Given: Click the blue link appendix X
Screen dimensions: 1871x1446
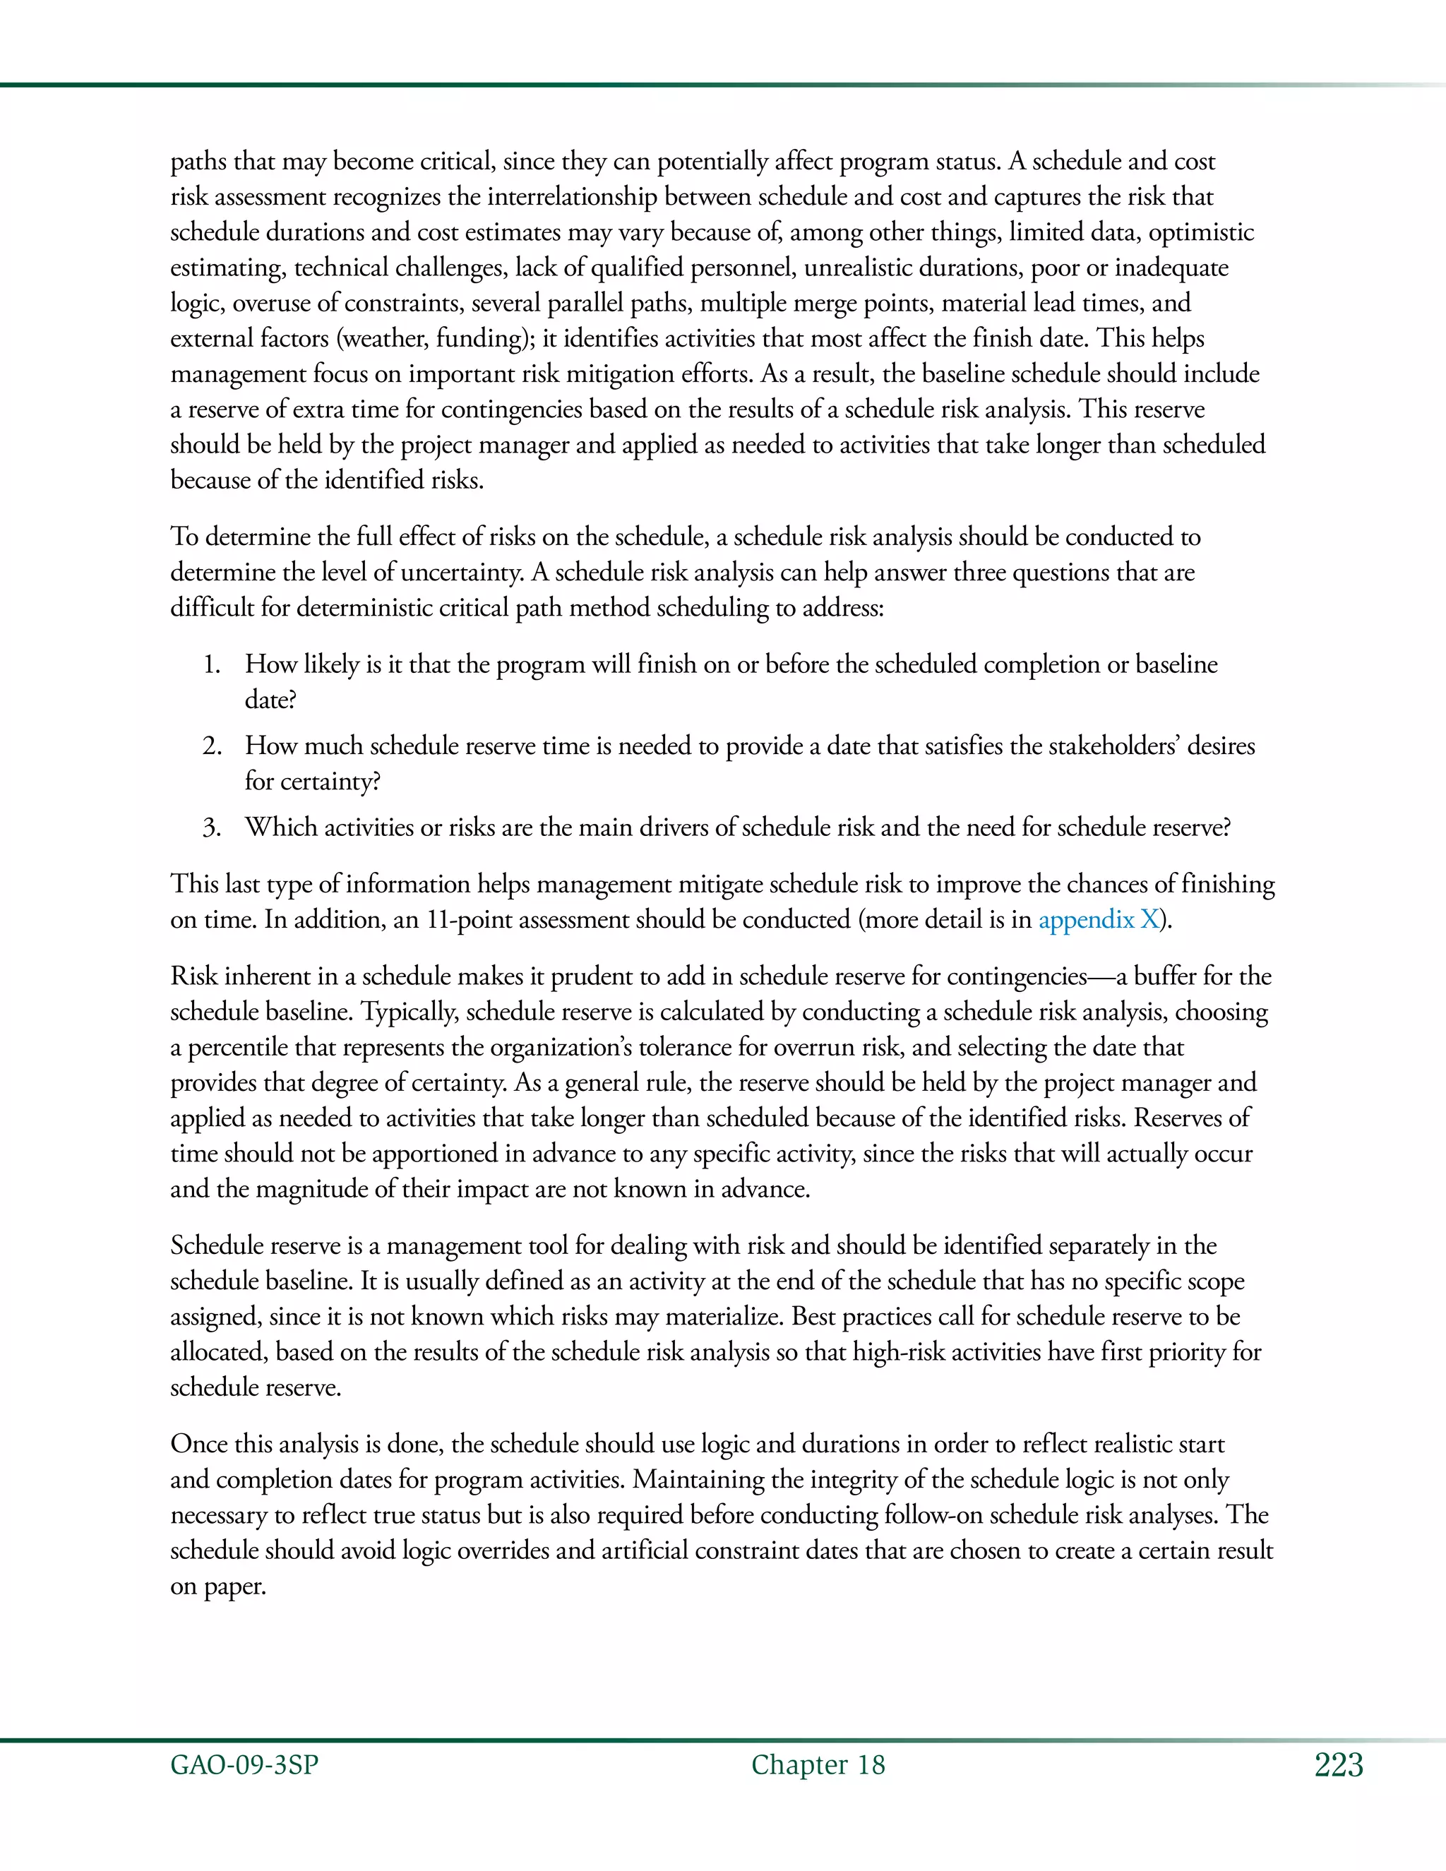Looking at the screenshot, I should [x=1097, y=920].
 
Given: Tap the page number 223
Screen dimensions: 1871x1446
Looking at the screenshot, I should [x=1338, y=1765].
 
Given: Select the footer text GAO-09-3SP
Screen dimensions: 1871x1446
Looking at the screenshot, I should [x=244, y=1765].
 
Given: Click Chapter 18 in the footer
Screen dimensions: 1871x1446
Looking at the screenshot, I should [x=818, y=1765].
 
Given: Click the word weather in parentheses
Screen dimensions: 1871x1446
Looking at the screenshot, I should [x=384, y=339].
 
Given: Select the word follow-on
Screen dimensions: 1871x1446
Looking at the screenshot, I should [x=932, y=1515].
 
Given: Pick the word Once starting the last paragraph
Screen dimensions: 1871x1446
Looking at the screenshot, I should [x=198, y=1445].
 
